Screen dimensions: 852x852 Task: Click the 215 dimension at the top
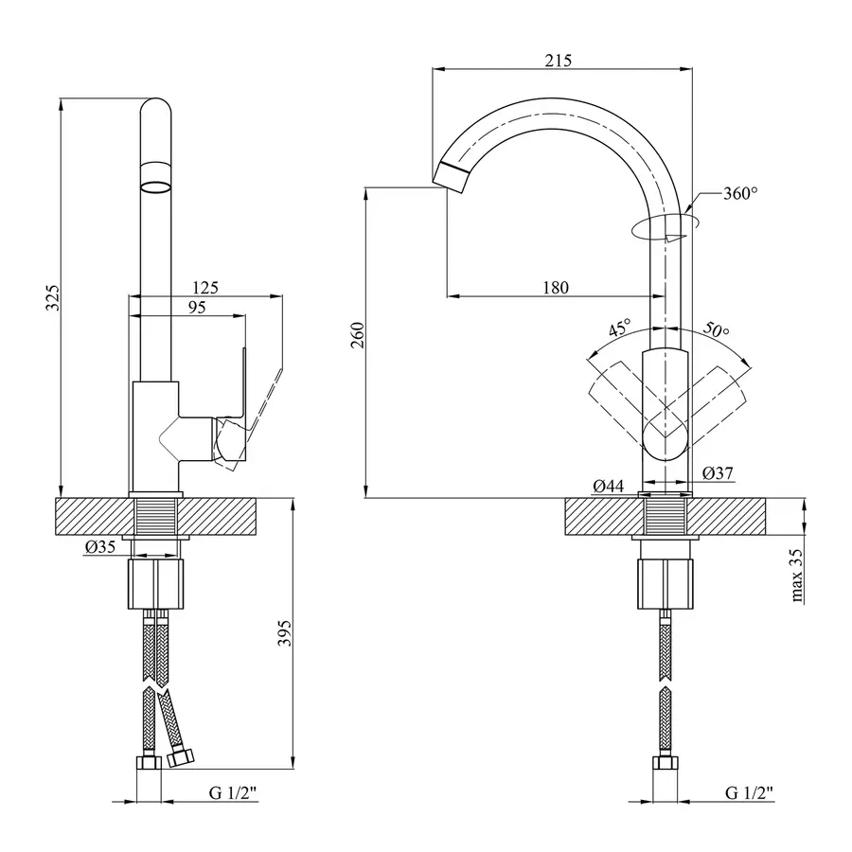(x=559, y=61)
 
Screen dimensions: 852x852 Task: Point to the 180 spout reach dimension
(x=556, y=288)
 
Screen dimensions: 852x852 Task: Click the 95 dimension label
(x=197, y=307)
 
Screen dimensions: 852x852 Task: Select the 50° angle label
(x=717, y=330)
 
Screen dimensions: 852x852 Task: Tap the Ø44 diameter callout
(x=608, y=487)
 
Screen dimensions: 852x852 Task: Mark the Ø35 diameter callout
(x=99, y=546)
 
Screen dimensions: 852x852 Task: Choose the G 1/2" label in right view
(x=750, y=791)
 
